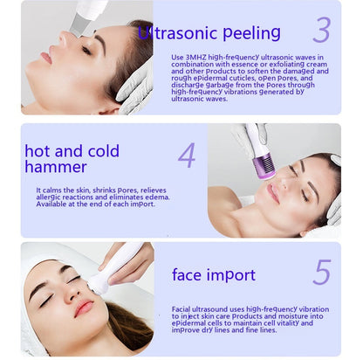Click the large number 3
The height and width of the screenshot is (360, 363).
[322, 30]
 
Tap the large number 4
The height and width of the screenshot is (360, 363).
[187, 156]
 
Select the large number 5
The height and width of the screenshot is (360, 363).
[322, 273]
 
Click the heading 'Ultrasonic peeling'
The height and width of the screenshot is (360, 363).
[210, 34]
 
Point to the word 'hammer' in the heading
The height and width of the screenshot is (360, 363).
[56, 167]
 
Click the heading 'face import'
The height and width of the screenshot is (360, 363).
[214, 275]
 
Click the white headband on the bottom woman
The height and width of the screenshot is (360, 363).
[39, 263]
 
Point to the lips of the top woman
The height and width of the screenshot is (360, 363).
[46, 58]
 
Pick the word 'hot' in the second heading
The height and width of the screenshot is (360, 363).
[39, 151]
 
